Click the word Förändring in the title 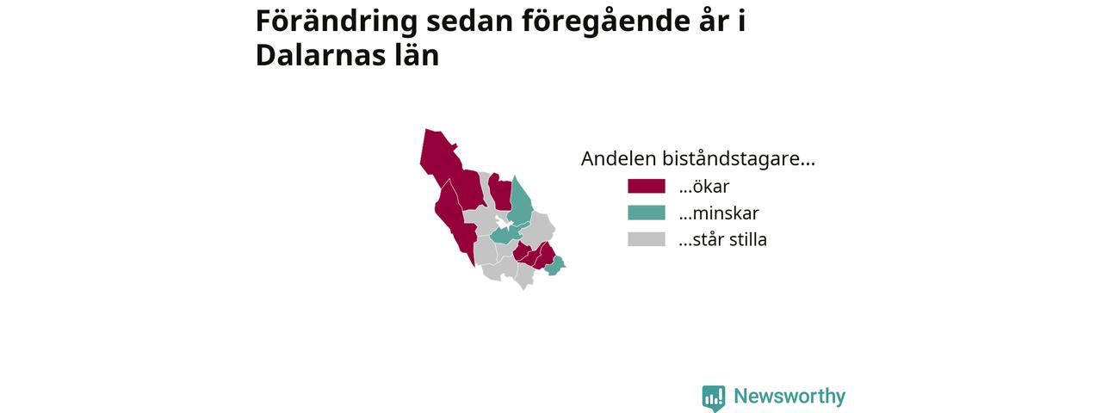coord(337,22)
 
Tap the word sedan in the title coord(469,22)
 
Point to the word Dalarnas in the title coord(321,55)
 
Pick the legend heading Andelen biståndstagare coord(697,159)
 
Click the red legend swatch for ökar coord(647,186)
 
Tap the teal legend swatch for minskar coord(647,213)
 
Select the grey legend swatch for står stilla coord(647,239)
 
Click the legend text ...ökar coord(704,187)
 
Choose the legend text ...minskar coord(719,213)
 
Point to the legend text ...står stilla coord(722,239)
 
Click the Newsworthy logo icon coord(714,398)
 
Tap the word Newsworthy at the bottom coord(789,396)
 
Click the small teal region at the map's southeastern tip coord(555,266)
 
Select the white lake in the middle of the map coord(503,221)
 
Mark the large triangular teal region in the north coord(519,201)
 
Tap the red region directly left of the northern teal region coord(501,193)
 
